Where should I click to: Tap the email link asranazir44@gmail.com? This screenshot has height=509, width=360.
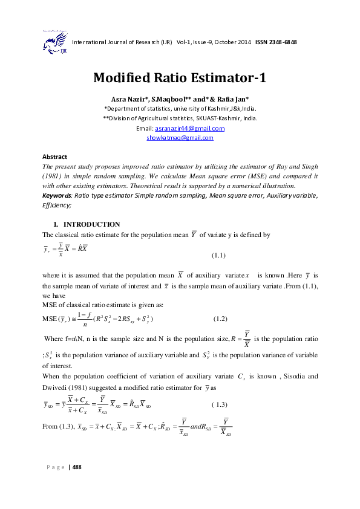click(x=189, y=129)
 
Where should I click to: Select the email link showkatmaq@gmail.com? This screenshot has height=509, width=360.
click(x=180, y=138)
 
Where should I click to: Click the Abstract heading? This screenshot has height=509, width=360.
click(x=54, y=156)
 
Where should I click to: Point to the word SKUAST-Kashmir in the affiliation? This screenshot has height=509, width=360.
click(x=205, y=118)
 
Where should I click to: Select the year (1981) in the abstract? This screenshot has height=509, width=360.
click(x=53, y=173)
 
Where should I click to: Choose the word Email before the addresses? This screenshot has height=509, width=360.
click(x=145, y=129)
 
